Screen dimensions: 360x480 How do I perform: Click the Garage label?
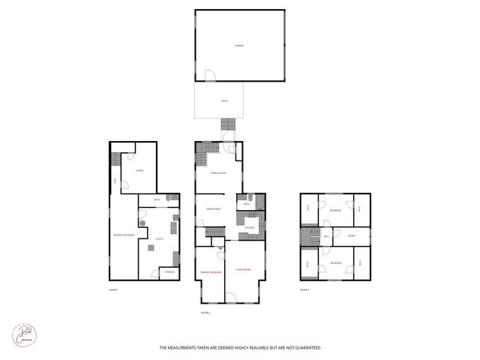coord(239,46)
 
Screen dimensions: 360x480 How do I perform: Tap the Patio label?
coord(223,100)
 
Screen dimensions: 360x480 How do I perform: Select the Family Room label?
coord(217,172)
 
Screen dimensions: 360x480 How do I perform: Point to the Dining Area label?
coord(212,209)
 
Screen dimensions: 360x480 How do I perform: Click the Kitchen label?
coord(250,226)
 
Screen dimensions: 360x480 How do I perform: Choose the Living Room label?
coord(243,269)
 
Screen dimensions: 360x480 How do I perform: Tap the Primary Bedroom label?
coord(210,271)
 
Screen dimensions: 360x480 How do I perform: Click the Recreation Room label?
coord(124,235)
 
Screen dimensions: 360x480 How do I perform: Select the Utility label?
coord(159,239)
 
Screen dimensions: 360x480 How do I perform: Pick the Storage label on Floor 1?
coord(169,272)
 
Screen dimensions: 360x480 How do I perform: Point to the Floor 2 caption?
coord(205,311)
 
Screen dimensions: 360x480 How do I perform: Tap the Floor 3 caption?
coord(304,289)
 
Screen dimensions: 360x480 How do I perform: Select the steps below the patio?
coord(226,124)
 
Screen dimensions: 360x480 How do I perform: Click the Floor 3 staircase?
coord(304,236)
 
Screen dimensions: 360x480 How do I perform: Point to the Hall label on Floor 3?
coord(326,236)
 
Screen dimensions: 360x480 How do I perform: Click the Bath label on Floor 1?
coord(157,199)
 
